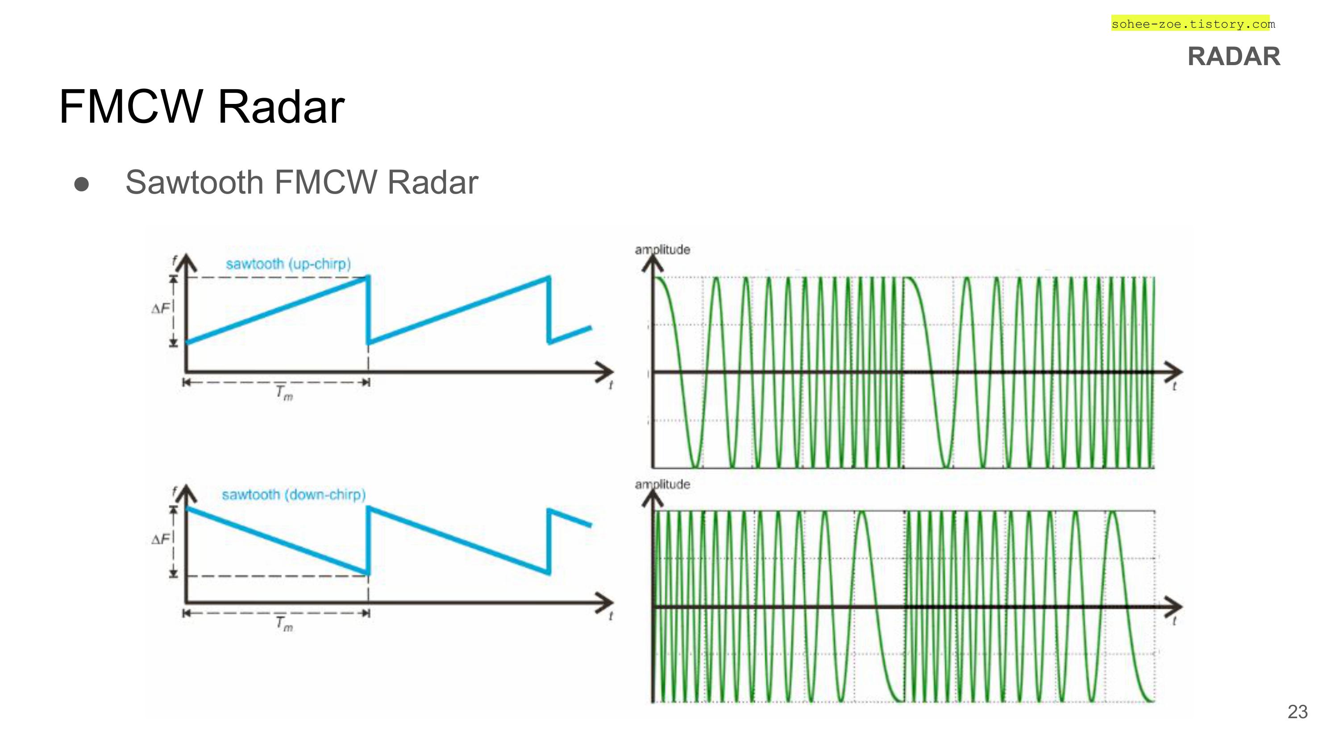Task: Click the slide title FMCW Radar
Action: coord(202,107)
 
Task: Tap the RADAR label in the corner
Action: coord(1234,57)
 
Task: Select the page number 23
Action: coord(1297,712)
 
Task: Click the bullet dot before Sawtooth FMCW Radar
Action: coord(82,184)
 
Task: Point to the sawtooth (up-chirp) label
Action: coord(288,264)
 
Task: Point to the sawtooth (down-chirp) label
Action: coord(294,494)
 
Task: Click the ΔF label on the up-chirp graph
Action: coord(160,309)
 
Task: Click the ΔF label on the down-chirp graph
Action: coord(160,539)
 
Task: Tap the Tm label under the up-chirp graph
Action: coord(284,393)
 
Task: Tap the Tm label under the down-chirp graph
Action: coord(284,623)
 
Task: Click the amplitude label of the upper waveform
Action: coord(662,250)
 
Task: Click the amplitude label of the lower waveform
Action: coord(662,484)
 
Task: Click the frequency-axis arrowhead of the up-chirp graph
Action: coord(186,263)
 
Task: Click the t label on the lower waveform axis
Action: coord(1174,621)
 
